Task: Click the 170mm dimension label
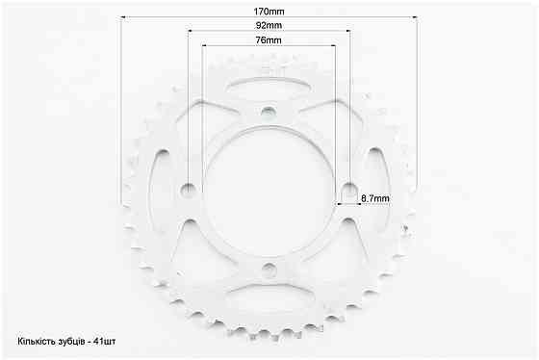269,12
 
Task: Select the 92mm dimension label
269,25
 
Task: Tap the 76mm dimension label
269,40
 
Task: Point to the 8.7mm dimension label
375,198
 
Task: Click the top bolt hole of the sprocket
269,112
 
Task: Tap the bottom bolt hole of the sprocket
269,270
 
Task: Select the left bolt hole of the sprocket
188,190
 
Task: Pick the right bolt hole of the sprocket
348,190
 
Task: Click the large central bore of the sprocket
269,191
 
